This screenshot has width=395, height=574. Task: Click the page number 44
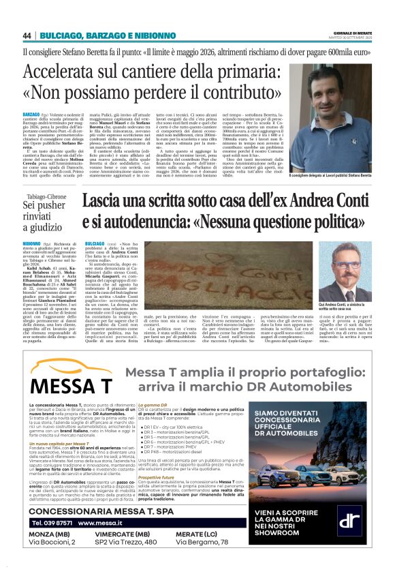28,35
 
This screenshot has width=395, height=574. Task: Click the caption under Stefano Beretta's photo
330,176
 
